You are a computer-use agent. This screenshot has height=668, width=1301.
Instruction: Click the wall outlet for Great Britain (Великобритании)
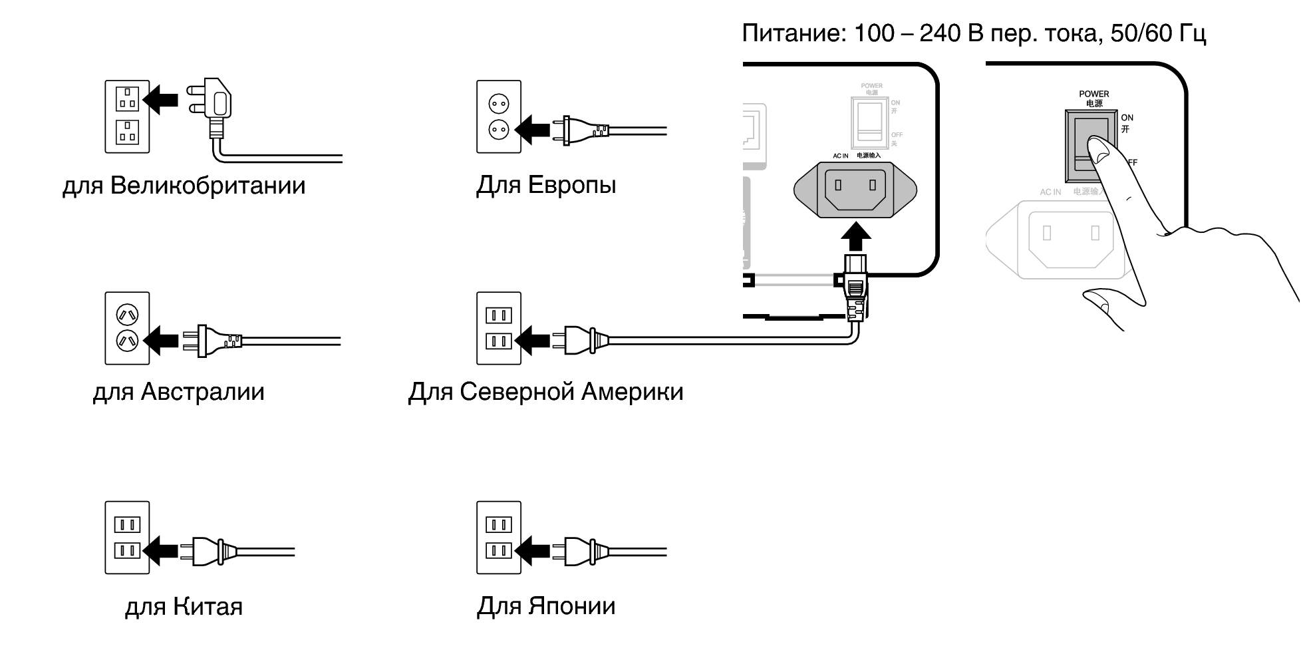tap(127, 116)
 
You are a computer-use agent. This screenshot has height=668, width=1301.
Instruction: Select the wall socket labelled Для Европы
tap(499, 116)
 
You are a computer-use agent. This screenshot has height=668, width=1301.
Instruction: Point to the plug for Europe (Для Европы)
tap(582, 130)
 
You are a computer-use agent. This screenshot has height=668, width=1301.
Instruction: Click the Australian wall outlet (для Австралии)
tap(127, 328)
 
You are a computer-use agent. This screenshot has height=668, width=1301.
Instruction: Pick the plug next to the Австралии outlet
tap(216, 341)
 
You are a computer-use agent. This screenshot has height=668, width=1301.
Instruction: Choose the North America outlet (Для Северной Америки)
tap(499, 328)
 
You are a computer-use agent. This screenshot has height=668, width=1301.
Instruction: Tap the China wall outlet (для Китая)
tap(127, 538)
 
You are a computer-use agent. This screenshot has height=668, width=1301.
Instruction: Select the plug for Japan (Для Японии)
tap(585, 551)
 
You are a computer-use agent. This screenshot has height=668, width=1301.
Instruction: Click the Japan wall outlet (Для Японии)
tap(499, 538)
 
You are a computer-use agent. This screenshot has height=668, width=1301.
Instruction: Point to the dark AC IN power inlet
tap(855, 190)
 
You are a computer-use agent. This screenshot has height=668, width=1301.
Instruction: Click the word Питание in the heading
tap(792, 33)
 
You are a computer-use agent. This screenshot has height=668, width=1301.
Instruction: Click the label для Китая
tap(184, 607)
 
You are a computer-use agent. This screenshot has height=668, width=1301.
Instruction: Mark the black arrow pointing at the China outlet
tap(160, 551)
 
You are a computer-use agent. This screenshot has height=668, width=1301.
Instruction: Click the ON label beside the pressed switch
tap(1127, 118)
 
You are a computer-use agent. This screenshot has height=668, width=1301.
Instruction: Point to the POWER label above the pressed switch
tap(1094, 94)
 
